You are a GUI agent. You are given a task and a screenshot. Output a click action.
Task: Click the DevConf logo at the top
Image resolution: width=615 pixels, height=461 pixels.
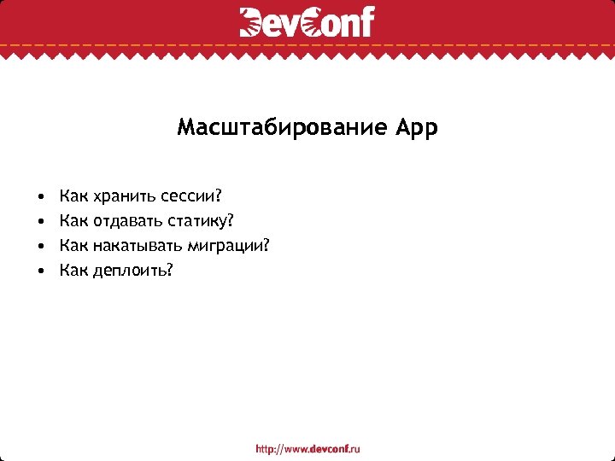pos(307,22)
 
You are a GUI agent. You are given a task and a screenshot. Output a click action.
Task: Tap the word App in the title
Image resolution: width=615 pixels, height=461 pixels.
pos(417,129)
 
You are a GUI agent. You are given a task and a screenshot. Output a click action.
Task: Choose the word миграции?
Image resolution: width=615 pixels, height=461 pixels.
pos(233,247)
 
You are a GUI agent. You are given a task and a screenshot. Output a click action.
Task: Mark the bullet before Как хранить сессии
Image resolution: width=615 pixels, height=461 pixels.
pos(40,198)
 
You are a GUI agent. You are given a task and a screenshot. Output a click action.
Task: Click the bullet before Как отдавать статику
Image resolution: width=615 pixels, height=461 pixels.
pos(40,223)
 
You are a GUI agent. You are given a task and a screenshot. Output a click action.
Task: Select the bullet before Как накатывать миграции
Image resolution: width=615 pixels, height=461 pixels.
pos(40,247)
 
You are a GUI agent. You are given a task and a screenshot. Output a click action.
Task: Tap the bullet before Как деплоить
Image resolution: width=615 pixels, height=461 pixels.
pos(40,271)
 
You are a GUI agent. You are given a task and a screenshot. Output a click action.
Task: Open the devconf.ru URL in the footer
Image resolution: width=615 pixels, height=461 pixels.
pos(308,448)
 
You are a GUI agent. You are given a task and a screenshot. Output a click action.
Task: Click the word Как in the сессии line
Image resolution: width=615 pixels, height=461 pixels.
pos(73,197)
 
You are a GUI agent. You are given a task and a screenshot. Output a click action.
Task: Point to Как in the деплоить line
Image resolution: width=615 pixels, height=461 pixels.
pos(73,271)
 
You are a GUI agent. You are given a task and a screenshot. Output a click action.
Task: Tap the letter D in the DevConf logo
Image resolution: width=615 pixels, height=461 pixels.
pos(253,22)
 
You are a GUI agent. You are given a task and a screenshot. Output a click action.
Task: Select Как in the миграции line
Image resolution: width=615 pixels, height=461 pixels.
pos(73,246)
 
